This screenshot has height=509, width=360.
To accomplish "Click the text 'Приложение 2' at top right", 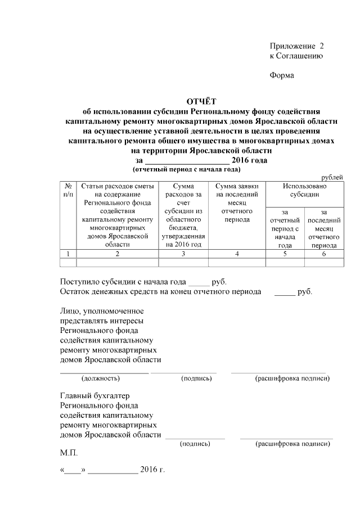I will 296,46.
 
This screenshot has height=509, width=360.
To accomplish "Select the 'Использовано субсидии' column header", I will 304,190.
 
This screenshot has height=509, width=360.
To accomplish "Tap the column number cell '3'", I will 183,254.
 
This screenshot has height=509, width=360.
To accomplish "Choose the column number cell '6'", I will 323,254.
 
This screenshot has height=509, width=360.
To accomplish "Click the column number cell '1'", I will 67,254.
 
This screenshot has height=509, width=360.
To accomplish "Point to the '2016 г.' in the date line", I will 152,470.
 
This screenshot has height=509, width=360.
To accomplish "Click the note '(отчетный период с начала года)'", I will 186,169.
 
